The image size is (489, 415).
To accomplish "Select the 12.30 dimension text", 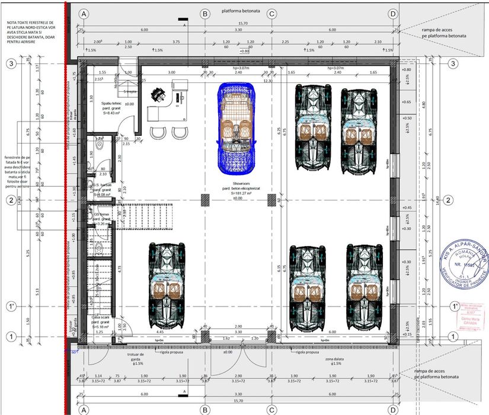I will (268, 81).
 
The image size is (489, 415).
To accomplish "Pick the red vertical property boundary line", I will (65, 207).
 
